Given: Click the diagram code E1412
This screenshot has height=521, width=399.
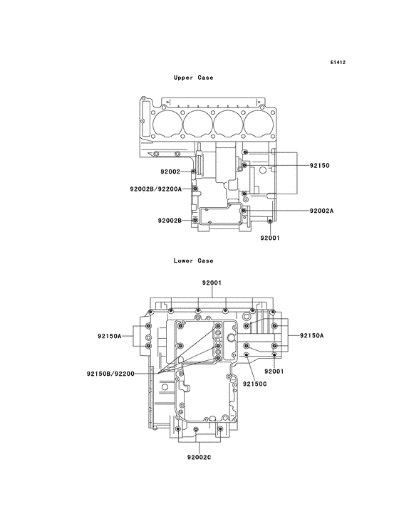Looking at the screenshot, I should pos(338,63).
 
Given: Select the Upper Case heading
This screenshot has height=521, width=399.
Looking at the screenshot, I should pos(193,77).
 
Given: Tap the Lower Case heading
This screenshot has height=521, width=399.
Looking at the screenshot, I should pos(193,260).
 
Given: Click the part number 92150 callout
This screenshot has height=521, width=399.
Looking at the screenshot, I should pos(319,165).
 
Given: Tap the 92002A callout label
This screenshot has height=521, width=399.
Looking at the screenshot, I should pos(321,211).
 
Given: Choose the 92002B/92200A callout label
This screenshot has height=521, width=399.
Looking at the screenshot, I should pos(155,189).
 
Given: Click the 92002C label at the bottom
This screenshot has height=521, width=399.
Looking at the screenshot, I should pos(199,457).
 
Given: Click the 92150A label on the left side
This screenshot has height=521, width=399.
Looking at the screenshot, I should pos(110,335).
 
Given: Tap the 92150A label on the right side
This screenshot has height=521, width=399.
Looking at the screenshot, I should pos(311,335).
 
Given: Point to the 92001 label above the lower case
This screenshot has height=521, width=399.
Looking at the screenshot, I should pos(212,283).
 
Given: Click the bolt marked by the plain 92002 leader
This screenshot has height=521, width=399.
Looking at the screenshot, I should pos(194,172).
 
